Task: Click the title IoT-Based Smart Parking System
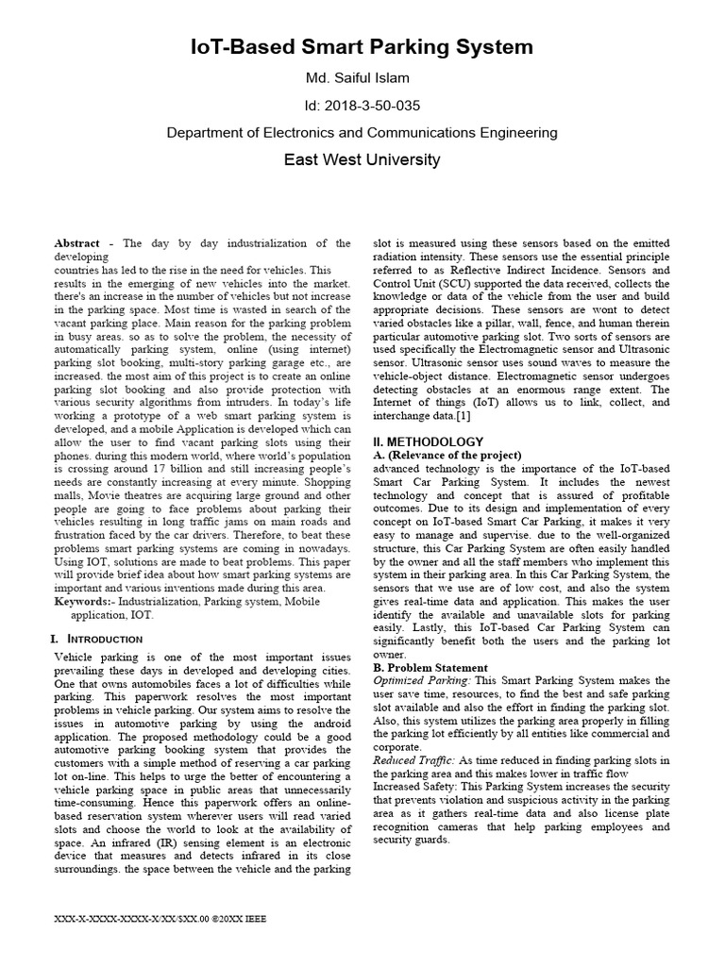coord(362,46)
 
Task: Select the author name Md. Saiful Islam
coord(362,78)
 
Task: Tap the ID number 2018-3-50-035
coord(362,105)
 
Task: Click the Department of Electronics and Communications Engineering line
coord(362,133)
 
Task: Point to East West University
coord(362,159)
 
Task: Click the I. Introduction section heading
coord(96,639)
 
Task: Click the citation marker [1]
coord(464,416)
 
